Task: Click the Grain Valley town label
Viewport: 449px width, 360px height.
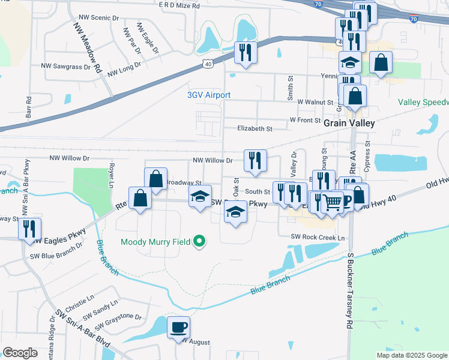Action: coord(349,123)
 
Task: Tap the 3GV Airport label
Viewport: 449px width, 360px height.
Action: coord(209,95)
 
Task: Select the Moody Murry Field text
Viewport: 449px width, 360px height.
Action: coord(155,242)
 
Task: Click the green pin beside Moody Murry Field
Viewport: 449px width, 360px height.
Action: coord(200,242)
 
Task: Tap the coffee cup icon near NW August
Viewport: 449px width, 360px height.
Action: coord(178,327)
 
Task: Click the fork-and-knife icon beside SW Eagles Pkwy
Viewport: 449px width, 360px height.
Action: coord(29,229)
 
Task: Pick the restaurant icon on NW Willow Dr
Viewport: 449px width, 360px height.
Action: coord(255,160)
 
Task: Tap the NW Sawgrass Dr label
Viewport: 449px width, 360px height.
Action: coord(65,66)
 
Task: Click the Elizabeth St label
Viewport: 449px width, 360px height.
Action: coord(255,128)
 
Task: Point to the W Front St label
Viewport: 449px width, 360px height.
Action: coord(305,120)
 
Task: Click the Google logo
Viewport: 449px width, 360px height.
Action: coord(20,353)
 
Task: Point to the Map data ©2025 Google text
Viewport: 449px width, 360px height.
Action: coord(411,355)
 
